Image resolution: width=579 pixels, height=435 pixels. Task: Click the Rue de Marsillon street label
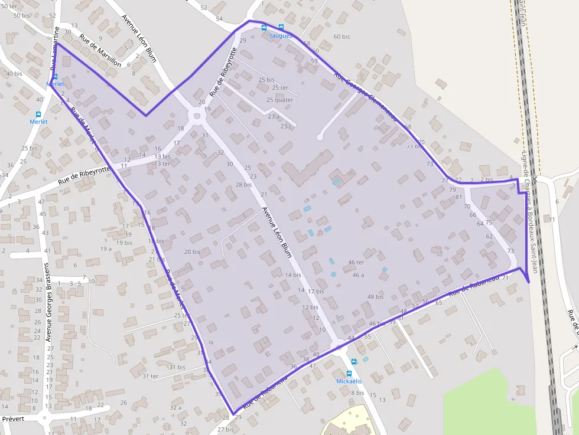point(100,51)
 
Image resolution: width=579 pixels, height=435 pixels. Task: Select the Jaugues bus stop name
point(281,36)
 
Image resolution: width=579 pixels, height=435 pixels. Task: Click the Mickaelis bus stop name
point(348,381)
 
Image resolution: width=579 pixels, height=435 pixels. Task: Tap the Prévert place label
point(12,418)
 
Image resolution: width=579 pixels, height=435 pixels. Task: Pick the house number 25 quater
point(279,100)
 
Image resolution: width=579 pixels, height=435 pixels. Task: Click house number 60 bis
point(341,37)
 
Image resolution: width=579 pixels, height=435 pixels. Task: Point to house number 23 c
point(287,126)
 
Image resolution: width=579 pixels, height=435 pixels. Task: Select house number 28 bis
point(243,185)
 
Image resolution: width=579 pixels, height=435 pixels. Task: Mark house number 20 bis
point(192,252)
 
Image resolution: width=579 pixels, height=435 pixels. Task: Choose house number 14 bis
point(293,275)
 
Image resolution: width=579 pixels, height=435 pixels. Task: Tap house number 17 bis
point(315,292)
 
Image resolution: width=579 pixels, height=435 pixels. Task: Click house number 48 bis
point(375,297)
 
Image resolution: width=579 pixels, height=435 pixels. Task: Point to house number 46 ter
point(356,262)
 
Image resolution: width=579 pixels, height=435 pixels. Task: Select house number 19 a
point(106,249)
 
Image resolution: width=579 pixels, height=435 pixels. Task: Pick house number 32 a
point(175,407)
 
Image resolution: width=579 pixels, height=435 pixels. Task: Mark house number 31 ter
point(147,376)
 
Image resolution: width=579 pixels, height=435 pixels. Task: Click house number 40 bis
point(14,74)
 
